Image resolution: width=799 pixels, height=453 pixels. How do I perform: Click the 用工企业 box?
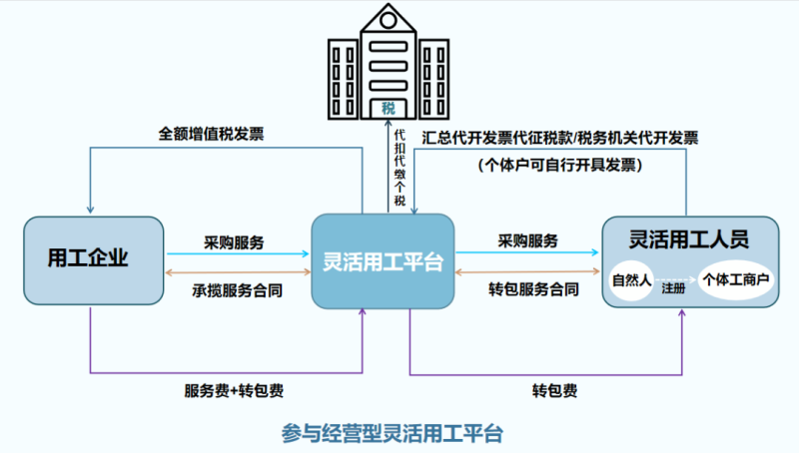click(93, 260)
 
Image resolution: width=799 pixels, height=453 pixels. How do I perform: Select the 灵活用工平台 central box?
click(384, 262)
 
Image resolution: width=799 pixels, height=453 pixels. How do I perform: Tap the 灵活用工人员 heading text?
click(689, 239)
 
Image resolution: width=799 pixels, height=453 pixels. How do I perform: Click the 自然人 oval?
click(631, 280)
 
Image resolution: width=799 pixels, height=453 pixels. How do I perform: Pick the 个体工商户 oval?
click(737, 280)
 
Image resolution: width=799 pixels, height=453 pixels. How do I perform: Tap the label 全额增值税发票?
click(212, 133)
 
